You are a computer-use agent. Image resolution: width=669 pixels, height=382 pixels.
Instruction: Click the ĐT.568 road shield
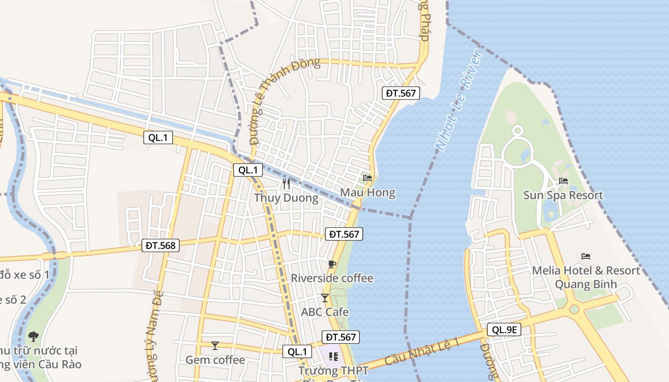point(161,246)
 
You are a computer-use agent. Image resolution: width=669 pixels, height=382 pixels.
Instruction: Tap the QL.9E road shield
point(504,329)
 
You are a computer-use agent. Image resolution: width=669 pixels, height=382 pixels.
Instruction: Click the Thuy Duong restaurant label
point(286,198)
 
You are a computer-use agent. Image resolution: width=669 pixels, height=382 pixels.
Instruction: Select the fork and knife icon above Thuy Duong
point(286,183)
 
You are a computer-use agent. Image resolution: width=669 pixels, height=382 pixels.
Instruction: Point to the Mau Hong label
point(367,193)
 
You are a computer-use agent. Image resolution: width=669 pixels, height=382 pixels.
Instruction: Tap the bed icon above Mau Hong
point(367,178)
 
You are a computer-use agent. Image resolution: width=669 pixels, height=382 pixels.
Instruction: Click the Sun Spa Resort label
point(563,195)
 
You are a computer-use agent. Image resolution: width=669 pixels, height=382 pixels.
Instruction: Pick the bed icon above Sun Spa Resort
point(563,181)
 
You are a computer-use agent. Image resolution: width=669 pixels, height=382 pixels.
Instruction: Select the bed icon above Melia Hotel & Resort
point(586,256)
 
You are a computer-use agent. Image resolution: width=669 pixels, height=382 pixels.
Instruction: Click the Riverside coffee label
point(332,278)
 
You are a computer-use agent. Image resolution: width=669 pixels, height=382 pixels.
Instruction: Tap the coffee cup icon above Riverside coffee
point(332,264)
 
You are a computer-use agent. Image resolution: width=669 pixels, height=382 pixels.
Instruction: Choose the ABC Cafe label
point(325,312)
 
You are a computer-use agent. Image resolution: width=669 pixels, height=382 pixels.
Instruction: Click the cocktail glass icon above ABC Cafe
point(325,298)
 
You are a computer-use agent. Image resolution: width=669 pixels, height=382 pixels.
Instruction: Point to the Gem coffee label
point(215,360)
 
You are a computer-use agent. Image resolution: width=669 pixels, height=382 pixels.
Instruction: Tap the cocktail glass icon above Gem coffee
point(215,345)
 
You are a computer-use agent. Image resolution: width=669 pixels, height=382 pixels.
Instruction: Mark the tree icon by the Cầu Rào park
point(33,336)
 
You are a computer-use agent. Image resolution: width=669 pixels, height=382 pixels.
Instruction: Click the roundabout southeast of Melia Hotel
point(574,309)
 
